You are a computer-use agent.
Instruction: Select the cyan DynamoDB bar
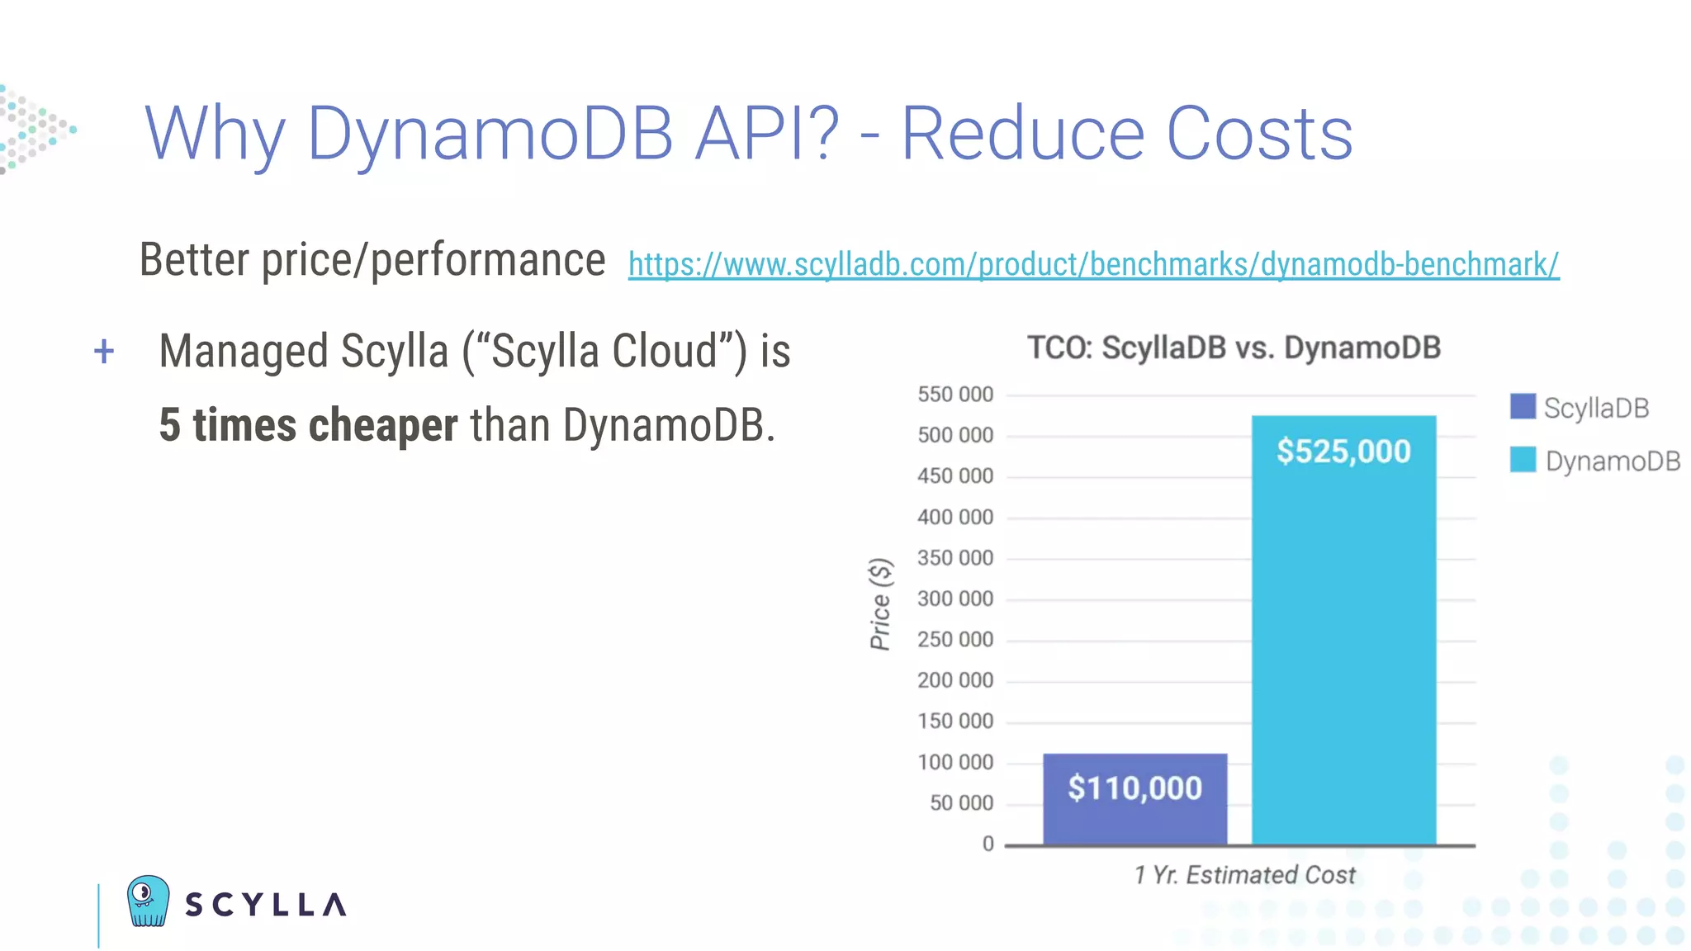point(1343,644)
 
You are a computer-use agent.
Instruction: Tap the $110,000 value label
point(1134,788)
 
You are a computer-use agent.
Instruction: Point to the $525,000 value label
point(1343,452)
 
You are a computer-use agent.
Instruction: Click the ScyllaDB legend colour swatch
point(1522,406)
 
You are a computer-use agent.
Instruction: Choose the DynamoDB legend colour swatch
point(1522,460)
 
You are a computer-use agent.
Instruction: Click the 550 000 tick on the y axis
point(955,395)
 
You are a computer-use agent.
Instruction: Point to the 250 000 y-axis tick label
point(955,640)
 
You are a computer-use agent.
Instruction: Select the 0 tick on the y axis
point(988,844)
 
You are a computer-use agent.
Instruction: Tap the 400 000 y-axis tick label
point(955,518)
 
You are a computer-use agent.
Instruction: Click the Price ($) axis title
point(881,604)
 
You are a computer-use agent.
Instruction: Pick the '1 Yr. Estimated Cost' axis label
point(1244,875)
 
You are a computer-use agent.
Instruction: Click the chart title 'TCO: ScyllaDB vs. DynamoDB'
point(1234,348)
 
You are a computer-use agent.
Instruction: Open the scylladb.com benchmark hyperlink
point(1093,264)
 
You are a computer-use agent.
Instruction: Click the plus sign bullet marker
point(104,352)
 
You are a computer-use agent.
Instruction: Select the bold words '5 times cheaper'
point(308,425)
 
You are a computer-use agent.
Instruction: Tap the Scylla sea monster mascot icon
point(149,901)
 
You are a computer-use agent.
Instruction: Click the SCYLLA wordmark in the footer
point(265,905)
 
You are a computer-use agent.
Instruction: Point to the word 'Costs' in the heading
point(1259,134)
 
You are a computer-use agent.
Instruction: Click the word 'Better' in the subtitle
point(194,260)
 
